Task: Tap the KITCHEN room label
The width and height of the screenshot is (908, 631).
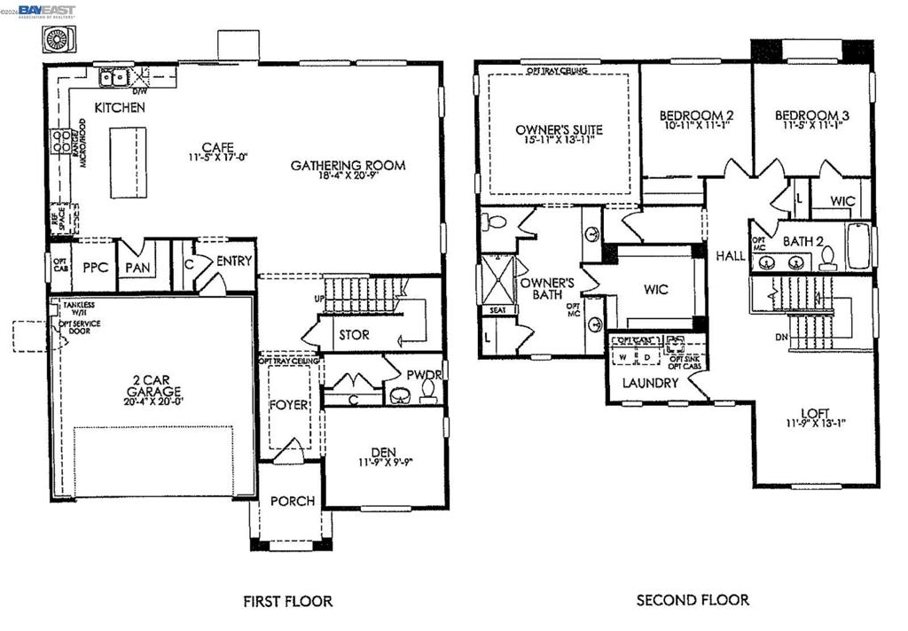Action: tap(120, 107)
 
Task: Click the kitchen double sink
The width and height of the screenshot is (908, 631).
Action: tap(112, 79)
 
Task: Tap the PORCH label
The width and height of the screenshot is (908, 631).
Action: tap(293, 501)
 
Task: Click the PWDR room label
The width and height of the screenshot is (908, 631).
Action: tap(424, 374)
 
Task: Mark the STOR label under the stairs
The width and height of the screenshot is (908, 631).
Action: tap(354, 335)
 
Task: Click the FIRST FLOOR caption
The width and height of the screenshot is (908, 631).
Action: tap(288, 601)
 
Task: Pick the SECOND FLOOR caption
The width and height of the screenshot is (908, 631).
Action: tap(693, 600)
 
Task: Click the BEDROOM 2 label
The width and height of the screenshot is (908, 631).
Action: tap(696, 115)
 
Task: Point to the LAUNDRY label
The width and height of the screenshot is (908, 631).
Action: tap(650, 383)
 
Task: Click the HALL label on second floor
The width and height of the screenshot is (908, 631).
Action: tap(731, 255)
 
